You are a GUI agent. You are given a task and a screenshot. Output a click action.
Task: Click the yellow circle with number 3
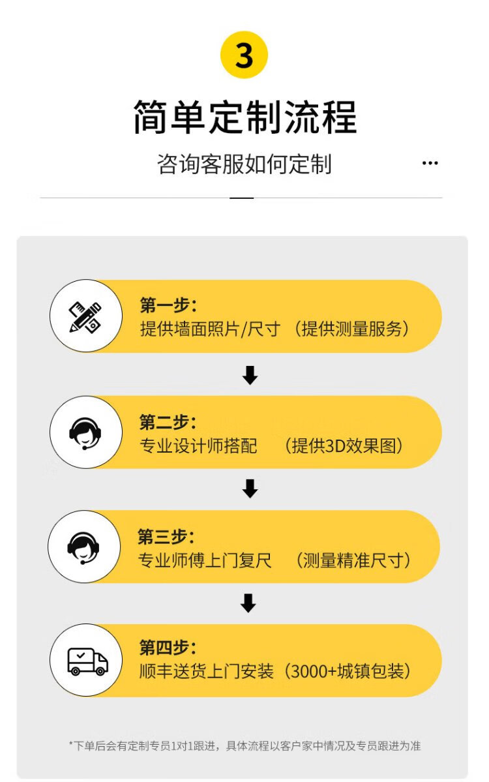244,55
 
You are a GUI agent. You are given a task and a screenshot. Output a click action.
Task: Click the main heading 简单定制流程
245,117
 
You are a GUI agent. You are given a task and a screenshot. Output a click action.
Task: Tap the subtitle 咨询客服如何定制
244,164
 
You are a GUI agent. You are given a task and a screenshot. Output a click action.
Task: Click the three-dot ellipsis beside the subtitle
430,163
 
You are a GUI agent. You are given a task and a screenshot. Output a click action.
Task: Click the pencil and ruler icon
85,317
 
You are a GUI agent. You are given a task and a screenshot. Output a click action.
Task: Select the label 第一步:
168,305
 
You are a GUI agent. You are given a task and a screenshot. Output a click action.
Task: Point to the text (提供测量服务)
352,329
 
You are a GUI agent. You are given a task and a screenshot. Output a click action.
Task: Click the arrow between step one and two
250,375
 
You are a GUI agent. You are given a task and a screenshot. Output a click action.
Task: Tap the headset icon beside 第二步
85,432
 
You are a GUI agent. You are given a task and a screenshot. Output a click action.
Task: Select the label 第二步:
168,421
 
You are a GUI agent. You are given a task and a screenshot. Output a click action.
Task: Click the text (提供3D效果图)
343,446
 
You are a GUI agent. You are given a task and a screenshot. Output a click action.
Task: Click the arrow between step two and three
250,489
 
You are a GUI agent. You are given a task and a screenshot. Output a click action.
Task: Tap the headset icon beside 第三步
84,547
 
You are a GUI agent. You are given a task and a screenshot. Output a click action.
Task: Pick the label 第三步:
166,536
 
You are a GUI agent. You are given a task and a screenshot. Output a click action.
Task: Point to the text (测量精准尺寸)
353,560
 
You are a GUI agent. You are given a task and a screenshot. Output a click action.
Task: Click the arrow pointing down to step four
248,603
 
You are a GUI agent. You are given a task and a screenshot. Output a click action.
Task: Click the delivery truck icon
87,661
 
